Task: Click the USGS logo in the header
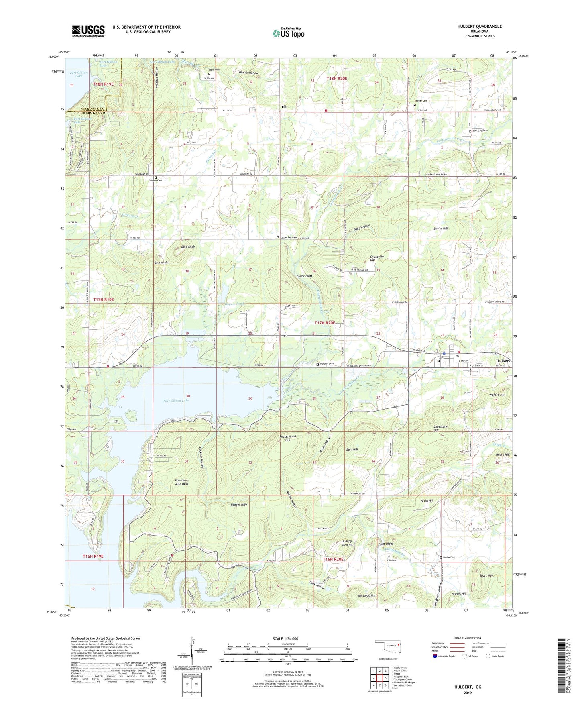88,31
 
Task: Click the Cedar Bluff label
304,276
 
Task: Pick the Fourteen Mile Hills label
181,482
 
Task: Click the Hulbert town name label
503,361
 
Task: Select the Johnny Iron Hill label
348,543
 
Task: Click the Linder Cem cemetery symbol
441,558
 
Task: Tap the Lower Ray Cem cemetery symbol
278,238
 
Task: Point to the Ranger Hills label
239,505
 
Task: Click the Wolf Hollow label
362,228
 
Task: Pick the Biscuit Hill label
459,593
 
